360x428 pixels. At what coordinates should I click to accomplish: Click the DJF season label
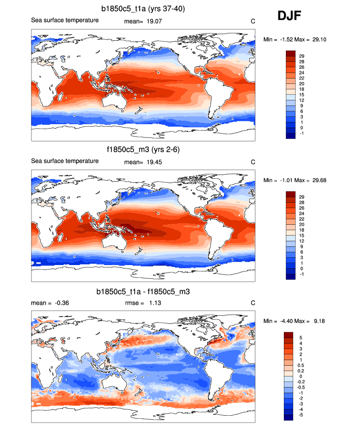[289, 16]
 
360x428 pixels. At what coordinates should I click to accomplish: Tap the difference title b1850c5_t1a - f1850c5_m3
[143, 292]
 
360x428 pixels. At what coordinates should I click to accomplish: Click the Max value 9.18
[315, 321]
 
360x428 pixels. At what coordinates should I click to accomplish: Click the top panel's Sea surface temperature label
[65, 20]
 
